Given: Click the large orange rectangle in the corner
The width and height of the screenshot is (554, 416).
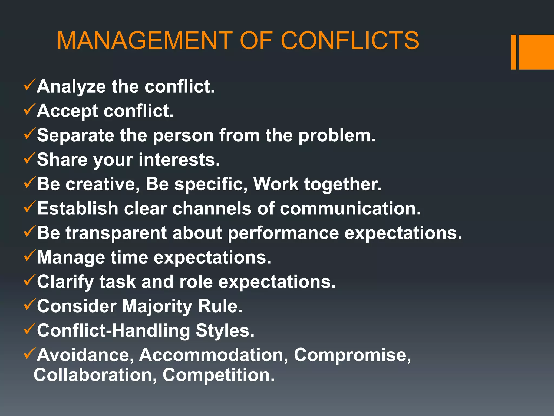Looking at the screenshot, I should (536, 52).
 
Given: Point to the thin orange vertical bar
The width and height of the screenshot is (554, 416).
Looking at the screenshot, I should (513, 52).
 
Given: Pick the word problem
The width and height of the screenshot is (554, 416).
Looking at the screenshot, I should (337, 136).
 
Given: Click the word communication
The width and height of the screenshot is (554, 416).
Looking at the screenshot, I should (350, 209).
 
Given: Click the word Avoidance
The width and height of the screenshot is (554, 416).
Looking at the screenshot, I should (85, 355).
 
